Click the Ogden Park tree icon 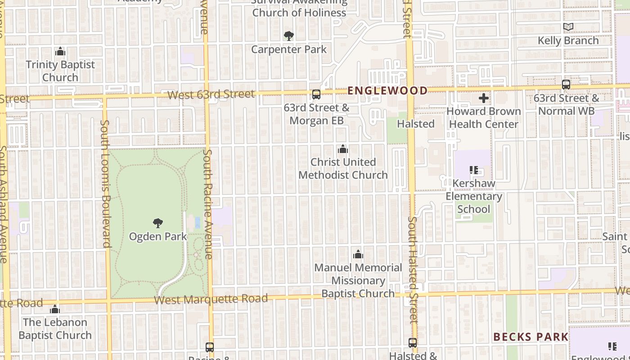pyautogui.click(x=157, y=223)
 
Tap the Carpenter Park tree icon pyautogui.click(x=289, y=36)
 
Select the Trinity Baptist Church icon pyautogui.click(x=60, y=52)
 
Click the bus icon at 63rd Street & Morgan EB pyautogui.click(x=316, y=94)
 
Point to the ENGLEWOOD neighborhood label pyautogui.click(x=387, y=90)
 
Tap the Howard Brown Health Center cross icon pyautogui.click(x=484, y=98)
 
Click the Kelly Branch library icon pyautogui.click(x=568, y=27)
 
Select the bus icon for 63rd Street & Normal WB pyautogui.click(x=566, y=85)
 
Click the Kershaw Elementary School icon pyautogui.click(x=473, y=170)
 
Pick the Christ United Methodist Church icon pyautogui.click(x=343, y=149)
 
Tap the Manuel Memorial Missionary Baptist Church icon pyautogui.click(x=358, y=255)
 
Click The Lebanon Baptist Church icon pyautogui.click(x=55, y=309)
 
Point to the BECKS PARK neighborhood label pyautogui.click(x=531, y=337)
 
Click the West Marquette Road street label pyautogui.click(x=211, y=299)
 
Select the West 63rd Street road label pyautogui.click(x=211, y=94)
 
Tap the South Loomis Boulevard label pyautogui.click(x=105, y=183)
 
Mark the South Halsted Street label pyautogui.click(x=413, y=270)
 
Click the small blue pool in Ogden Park pyautogui.click(x=198, y=222)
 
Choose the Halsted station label pyautogui.click(x=416, y=124)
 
